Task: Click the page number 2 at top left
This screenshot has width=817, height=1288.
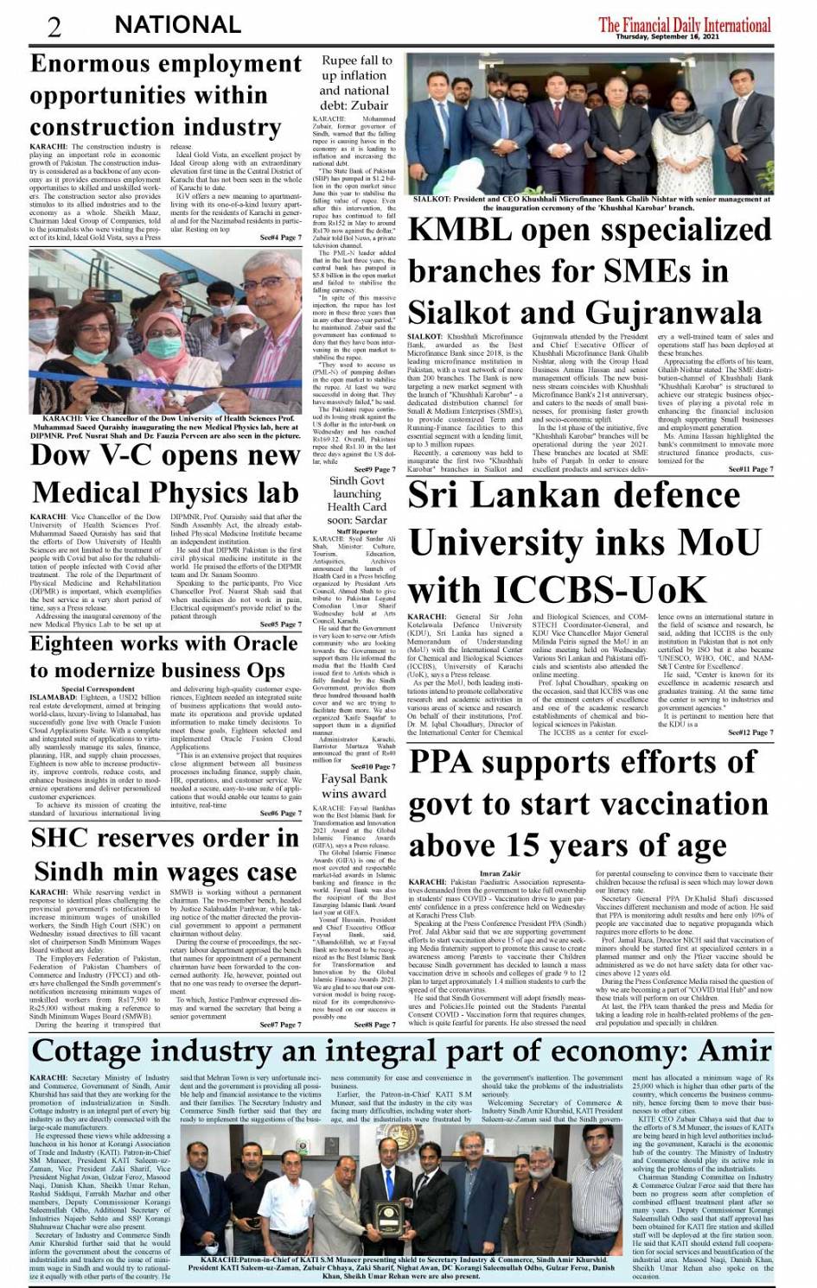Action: point(54,27)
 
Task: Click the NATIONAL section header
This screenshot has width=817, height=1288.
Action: point(177,25)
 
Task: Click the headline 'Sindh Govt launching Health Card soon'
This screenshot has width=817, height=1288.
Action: point(356,500)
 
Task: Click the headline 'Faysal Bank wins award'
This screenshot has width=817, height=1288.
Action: point(354,786)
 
